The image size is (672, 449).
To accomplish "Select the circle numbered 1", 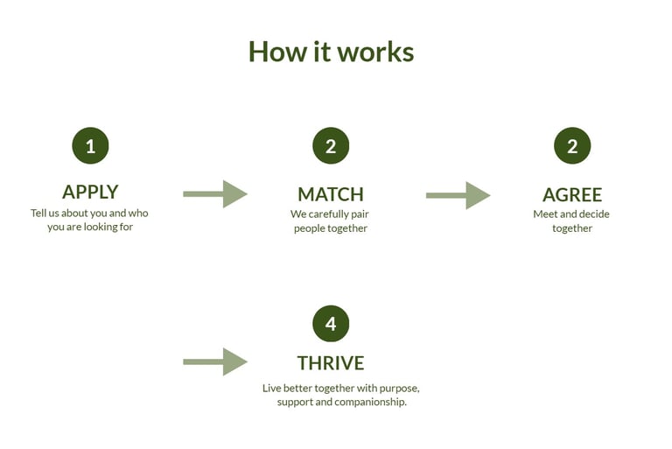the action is coord(90,146).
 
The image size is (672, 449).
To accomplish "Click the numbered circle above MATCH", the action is coord(331,146).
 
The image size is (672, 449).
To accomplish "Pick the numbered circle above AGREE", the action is coord(572,146).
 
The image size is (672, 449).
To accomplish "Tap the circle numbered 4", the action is coord(331,324).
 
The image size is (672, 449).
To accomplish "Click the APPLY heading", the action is coord(90,192).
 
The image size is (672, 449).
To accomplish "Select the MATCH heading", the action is coord(331,194).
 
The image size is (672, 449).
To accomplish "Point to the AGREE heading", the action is coord(572,194).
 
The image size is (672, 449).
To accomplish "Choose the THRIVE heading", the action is coord(331,362).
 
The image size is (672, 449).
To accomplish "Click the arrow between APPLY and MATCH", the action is coord(215,194).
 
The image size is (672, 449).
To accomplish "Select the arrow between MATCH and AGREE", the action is coord(458,195).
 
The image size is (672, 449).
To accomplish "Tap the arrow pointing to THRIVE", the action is coord(215,361).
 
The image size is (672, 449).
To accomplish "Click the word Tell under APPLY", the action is coord(39,213).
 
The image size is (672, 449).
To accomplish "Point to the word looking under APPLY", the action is coord(106,227).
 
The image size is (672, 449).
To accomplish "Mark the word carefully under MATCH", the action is coord(333,214).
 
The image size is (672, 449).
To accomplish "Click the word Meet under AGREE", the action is coord(544,214).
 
